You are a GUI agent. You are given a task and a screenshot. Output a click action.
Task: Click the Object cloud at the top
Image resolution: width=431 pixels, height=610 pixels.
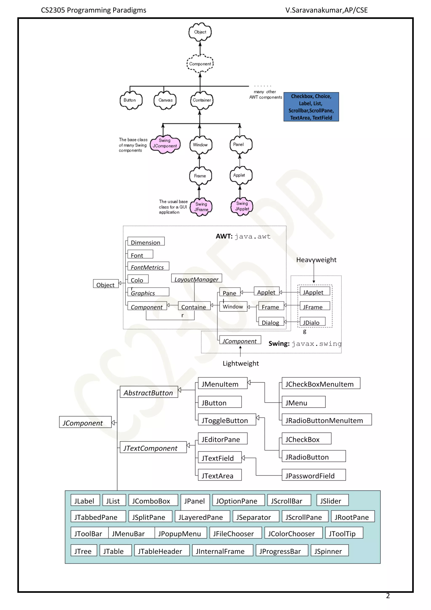200,32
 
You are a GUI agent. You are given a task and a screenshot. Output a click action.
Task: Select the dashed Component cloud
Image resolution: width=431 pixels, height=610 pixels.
200,64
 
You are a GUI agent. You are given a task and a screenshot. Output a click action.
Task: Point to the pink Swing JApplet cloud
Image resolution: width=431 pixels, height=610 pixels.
242,206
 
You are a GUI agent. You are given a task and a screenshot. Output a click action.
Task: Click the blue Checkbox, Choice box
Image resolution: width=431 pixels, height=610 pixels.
311,107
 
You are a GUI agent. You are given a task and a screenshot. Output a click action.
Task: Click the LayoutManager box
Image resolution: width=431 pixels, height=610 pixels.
196,278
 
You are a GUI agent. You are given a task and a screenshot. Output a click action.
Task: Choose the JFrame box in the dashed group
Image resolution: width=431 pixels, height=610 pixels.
314,306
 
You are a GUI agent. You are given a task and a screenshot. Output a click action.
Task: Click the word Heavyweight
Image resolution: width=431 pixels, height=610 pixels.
316,260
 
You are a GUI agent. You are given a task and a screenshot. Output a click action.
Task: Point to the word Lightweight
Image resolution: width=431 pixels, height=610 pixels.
241,363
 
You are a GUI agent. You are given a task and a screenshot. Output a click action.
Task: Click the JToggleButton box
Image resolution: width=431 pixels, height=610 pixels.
227,420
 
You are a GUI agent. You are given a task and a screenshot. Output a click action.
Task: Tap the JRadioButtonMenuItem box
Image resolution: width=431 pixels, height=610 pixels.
326,420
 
